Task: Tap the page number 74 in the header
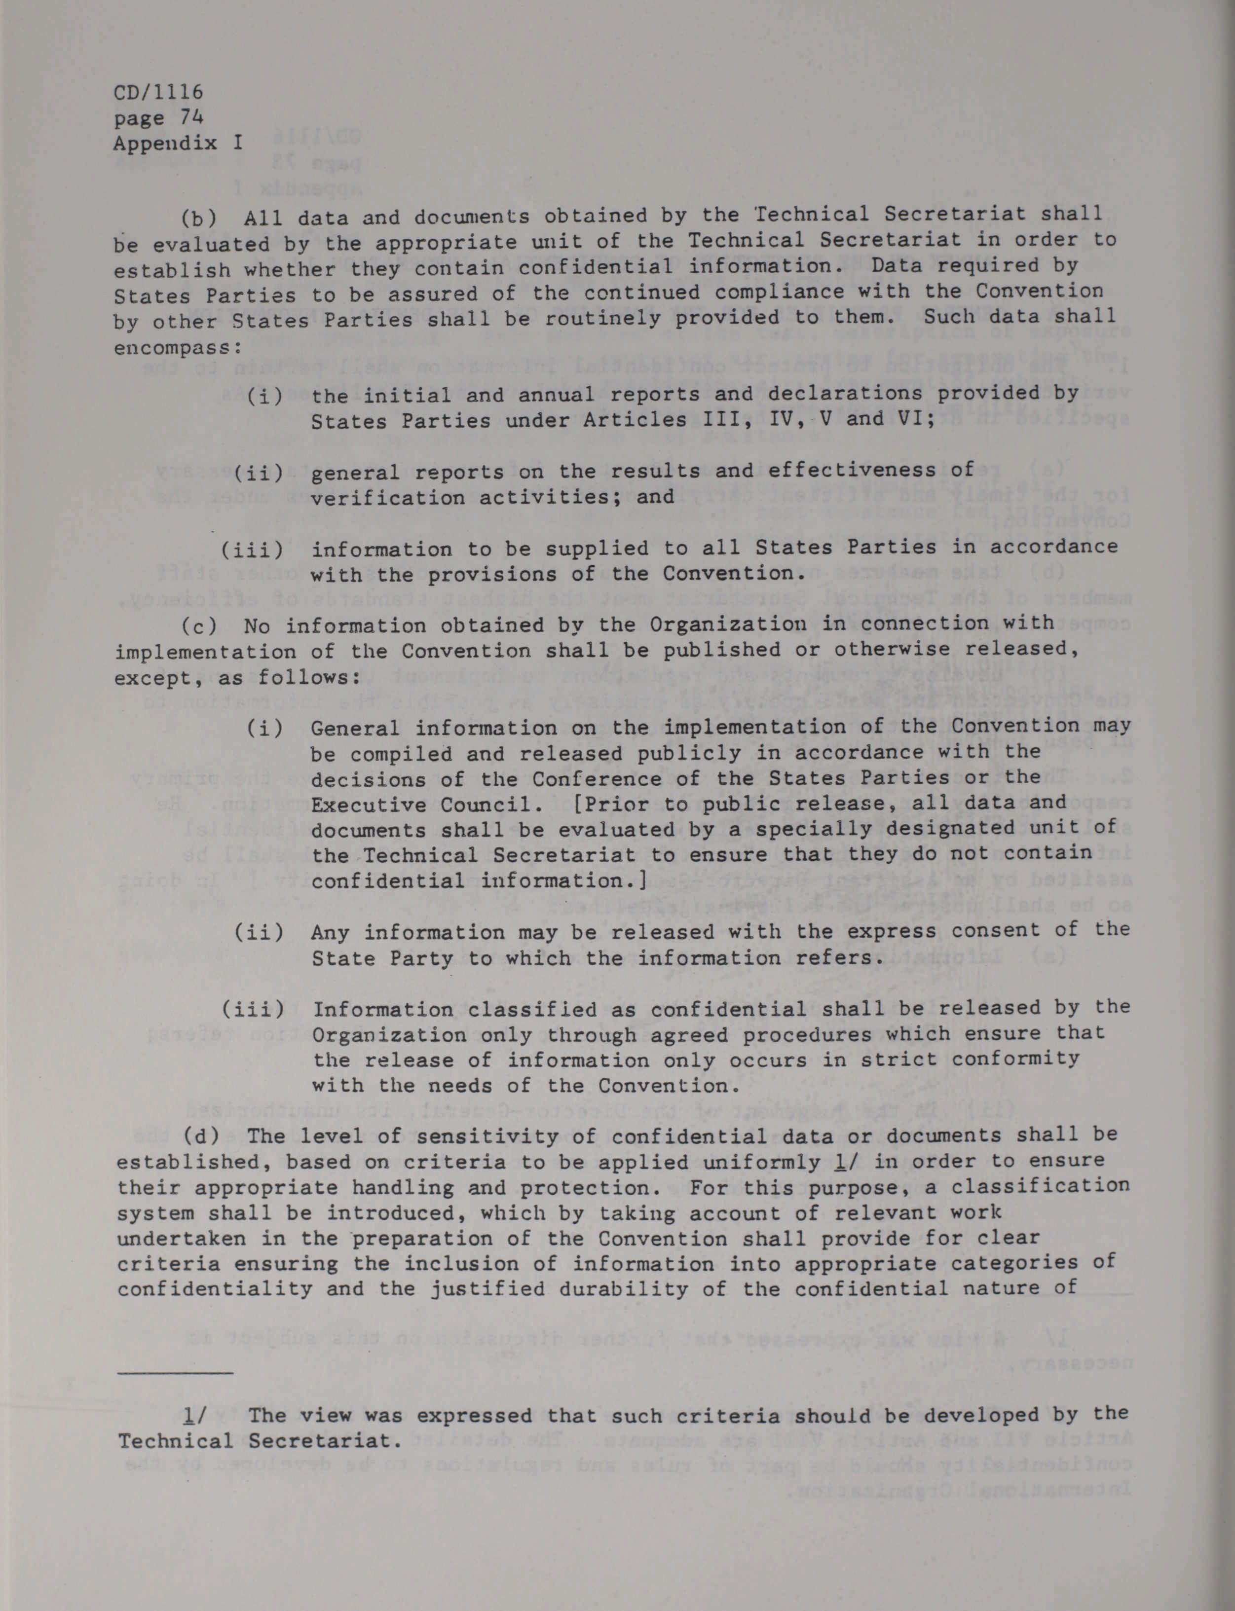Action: click(x=190, y=117)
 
